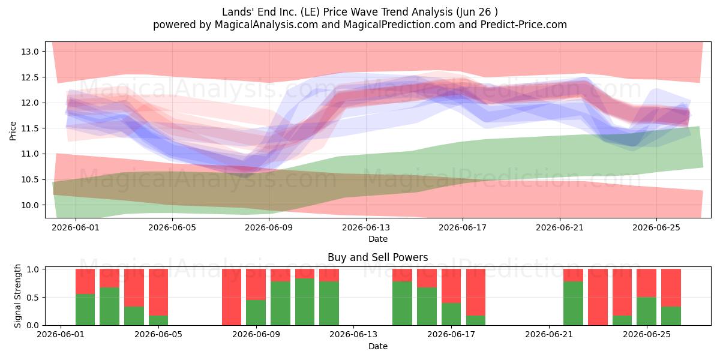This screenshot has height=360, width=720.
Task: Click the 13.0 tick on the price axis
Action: click(29, 52)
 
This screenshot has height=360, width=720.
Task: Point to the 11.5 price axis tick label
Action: click(29, 128)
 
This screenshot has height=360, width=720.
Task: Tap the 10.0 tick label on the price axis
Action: click(29, 205)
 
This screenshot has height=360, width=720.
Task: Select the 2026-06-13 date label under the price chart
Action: click(366, 227)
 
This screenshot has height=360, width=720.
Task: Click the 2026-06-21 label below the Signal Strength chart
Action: click(549, 335)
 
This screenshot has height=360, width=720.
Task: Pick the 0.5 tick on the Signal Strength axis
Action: click(32, 298)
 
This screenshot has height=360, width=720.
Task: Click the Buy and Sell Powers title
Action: click(377, 257)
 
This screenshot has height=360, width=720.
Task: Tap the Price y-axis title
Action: click(13, 131)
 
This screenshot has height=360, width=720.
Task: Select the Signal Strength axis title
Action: click(17, 296)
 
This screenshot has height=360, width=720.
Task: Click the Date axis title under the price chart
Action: click(377, 239)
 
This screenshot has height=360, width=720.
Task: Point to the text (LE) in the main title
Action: click(310, 12)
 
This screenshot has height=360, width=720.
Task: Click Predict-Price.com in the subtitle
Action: click(524, 25)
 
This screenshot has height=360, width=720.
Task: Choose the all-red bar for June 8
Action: click(232, 297)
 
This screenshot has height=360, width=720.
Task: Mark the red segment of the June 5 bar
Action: click(158, 292)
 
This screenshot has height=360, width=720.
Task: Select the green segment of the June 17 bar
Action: click(451, 314)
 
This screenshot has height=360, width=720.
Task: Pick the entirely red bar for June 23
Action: click(598, 297)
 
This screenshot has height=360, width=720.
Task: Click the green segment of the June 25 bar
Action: click(646, 311)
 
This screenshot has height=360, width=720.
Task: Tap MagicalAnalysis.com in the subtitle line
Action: click(266, 25)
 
